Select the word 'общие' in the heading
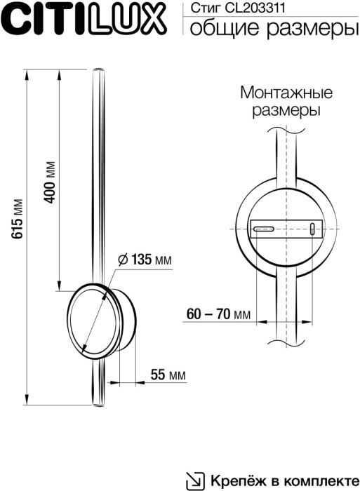[220, 28]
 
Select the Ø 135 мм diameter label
[145, 260]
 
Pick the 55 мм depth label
[168, 375]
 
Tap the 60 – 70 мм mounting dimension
[219, 314]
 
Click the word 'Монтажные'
[286, 93]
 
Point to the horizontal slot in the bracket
[265, 229]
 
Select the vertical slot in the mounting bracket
[312, 229]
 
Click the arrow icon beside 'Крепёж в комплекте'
[192, 480]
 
